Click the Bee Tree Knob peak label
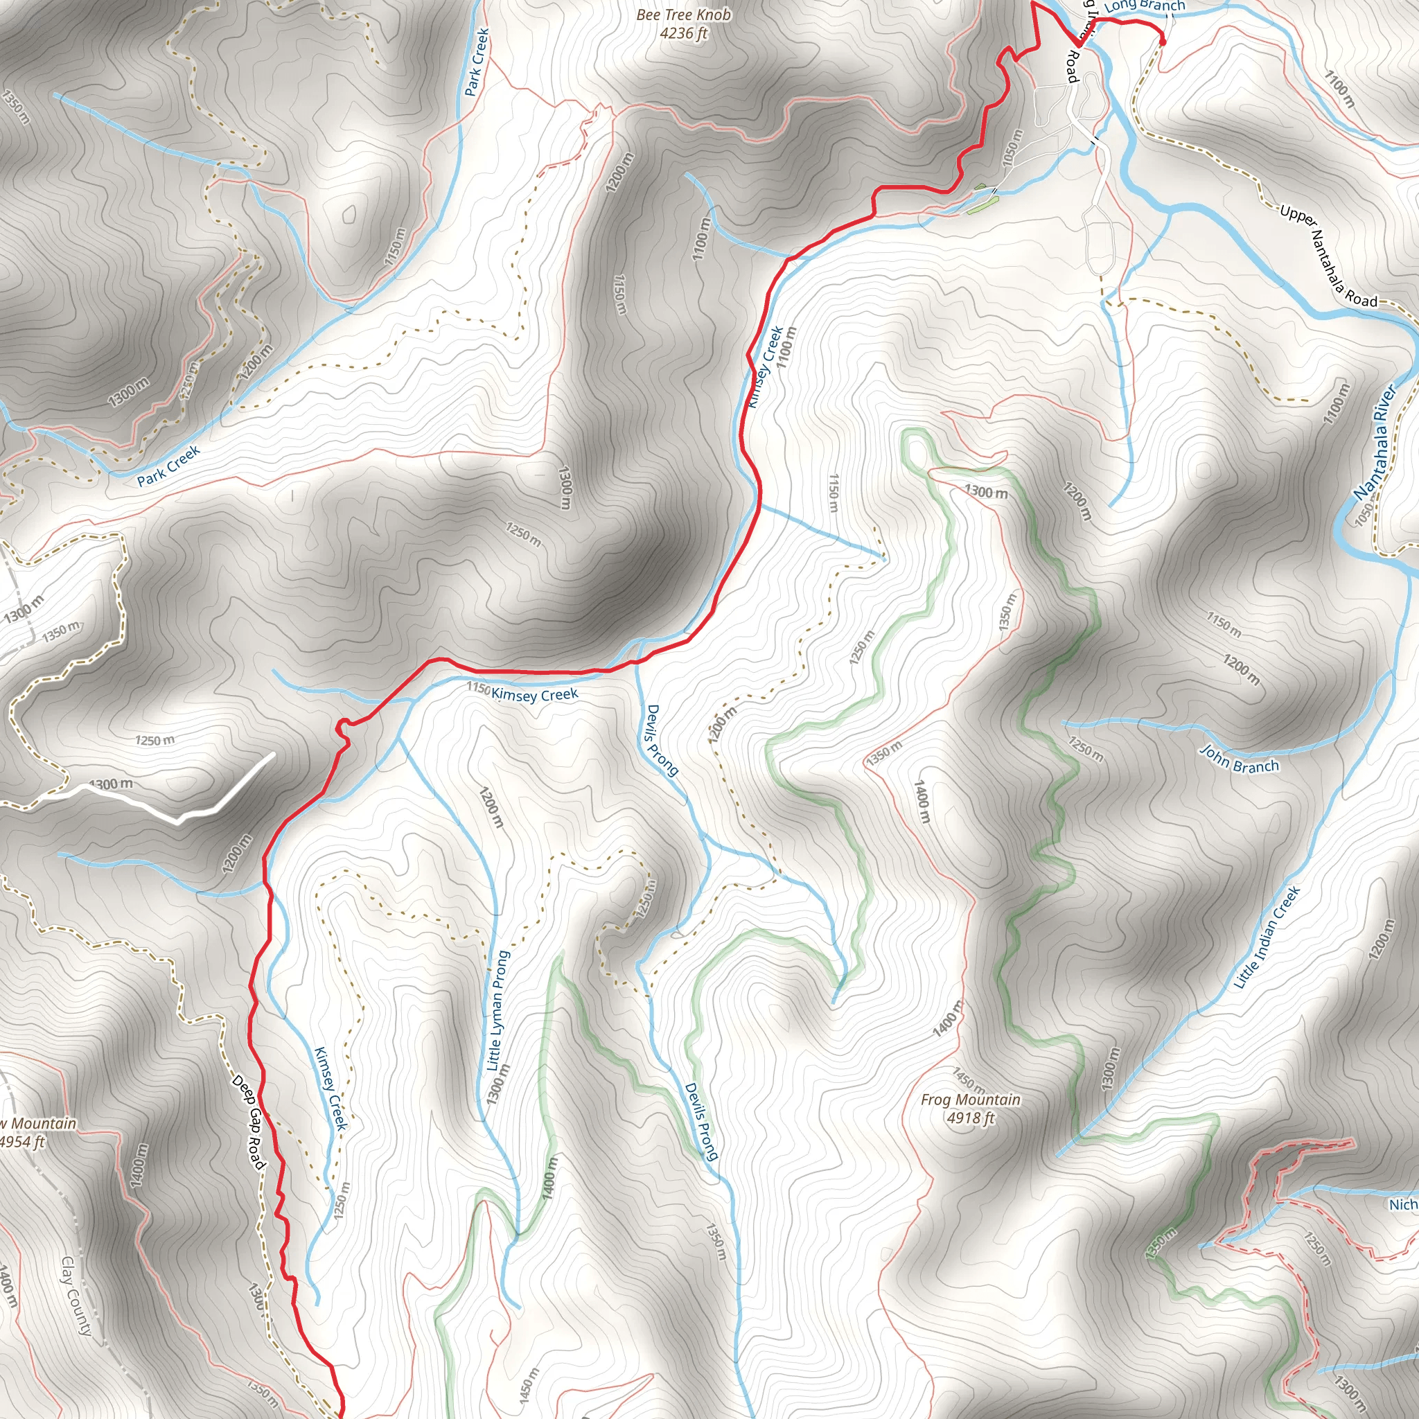(x=683, y=15)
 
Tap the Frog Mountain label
(x=970, y=1100)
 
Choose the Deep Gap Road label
(x=247, y=1122)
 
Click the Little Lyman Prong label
(x=498, y=1011)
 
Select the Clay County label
(x=76, y=1296)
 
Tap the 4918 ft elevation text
(x=970, y=1118)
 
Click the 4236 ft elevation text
(x=683, y=33)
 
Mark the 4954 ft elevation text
(x=22, y=1141)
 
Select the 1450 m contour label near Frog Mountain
(x=969, y=1079)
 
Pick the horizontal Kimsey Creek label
(x=535, y=694)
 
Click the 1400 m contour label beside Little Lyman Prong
(x=549, y=1178)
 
